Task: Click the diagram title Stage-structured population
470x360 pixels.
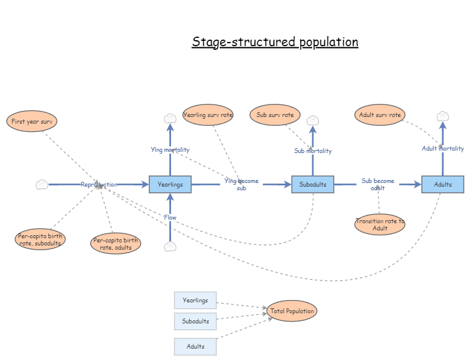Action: (275, 42)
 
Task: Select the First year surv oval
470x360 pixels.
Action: (32, 121)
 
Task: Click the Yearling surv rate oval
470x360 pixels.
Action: (208, 115)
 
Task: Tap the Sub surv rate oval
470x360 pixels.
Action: (275, 115)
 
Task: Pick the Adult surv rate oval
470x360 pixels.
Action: (379, 115)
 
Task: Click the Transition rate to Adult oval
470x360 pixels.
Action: (379, 224)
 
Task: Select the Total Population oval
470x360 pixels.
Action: (292, 311)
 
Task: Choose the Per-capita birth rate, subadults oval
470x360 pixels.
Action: (40, 239)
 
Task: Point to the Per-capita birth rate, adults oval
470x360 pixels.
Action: (115, 244)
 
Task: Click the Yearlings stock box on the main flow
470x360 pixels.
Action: (170, 185)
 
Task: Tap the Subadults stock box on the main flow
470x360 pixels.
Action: (313, 185)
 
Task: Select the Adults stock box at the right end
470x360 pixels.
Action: (443, 185)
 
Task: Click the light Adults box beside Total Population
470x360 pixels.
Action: (196, 347)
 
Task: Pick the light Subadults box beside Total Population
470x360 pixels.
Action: (196, 322)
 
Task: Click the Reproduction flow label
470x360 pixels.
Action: (99, 185)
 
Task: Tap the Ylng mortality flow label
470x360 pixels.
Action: (170, 150)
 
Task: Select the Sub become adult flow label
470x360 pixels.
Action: (378, 184)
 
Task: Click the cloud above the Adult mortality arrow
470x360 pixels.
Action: (443, 116)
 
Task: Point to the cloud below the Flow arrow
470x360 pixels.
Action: (170, 247)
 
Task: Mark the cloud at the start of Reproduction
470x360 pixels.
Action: (41, 185)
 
